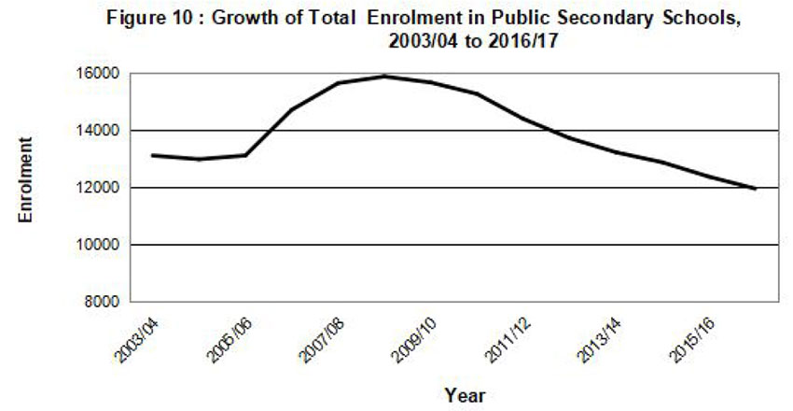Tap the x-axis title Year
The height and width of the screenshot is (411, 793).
(464, 394)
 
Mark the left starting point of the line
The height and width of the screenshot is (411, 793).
(152, 155)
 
